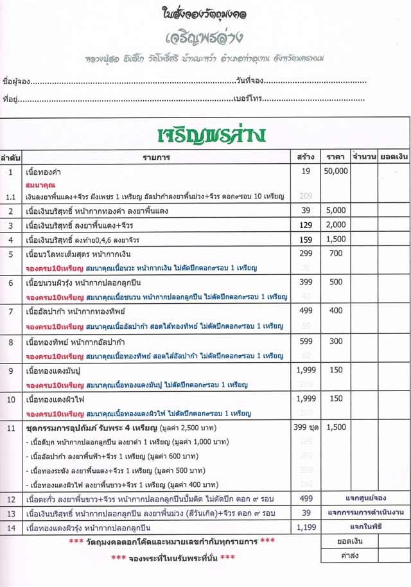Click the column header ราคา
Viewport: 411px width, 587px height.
pos(335,157)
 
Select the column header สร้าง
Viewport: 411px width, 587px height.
pos(305,157)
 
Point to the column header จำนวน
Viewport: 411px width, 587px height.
pos(363,157)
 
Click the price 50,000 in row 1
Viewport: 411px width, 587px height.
pos(335,171)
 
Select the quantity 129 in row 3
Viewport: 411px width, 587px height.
pos(305,225)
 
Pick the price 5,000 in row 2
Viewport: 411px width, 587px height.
pos(335,211)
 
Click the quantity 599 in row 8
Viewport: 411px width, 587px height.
pos(305,341)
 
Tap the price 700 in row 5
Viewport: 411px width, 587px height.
pos(335,254)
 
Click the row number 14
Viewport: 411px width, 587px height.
pos(10,527)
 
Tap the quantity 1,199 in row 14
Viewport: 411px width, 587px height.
pos(305,527)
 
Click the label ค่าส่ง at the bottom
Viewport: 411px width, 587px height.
pos(349,557)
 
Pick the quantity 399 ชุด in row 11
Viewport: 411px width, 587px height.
pos(305,427)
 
